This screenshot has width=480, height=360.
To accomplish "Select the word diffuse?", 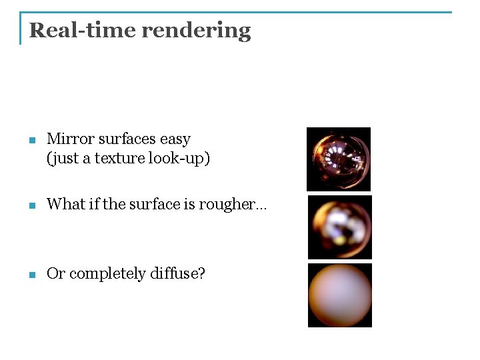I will pyautogui.click(x=181, y=273).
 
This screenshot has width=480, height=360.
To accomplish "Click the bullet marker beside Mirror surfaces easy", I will pyautogui.click(x=31, y=141).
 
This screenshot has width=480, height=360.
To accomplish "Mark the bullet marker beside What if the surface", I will pyautogui.click(x=31, y=206).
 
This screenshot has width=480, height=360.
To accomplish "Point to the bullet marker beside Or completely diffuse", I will pyautogui.click(x=31, y=275).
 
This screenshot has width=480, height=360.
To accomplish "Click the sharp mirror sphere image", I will pyautogui.click(x=339, y=159).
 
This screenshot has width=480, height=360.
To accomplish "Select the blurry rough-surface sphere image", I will pyautogui.click(x=339, y=227).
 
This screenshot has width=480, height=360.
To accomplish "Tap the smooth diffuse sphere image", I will pyautogui.click(x=339, y=295).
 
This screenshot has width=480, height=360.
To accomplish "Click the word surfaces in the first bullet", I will pyautogui.click(x=127, y=139).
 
